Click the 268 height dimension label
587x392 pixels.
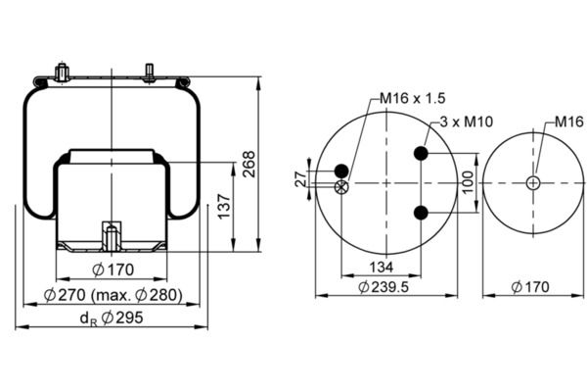pyautogui.click(x=248, y=164)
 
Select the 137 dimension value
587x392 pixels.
pyautogui.click(x=224, y=206)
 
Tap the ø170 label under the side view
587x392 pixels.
pyautogui.click(x=113, y=269)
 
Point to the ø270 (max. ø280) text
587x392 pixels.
pyautogui.click(x=113, y=295)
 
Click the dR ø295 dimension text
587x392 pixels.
pyautogui.click(x=112, y=318)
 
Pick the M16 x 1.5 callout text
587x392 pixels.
pyautogui.click(x=413, y=98)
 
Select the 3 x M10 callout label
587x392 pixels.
pyautogui.click(x=466, y=122)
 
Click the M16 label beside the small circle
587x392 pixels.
pyautogui.click(x=568, y=122)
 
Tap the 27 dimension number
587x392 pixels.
pyautogui.click(x=300, y=179)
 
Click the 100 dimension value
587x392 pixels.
pyautogui.click(x=468, y=182)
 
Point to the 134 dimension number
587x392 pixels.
pyautogui.click(x=382, y=268)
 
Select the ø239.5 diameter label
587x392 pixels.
pyautogui.click(x=384, y=287)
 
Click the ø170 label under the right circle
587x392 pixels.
pyautogui.click(x=530, y=287)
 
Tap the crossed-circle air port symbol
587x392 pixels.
pyautogui.click(x=341, y=186)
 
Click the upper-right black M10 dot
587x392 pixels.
pyautogui.click(x=421, y=153)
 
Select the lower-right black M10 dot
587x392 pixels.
pyautogui.click(x=421, y=213)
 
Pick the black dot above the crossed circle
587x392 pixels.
pyautogui.click(x=341, y=171)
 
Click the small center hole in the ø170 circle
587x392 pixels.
pyautogui.click(x=533, y=183)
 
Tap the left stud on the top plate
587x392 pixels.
pyautogui.click(x=61, y=73)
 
